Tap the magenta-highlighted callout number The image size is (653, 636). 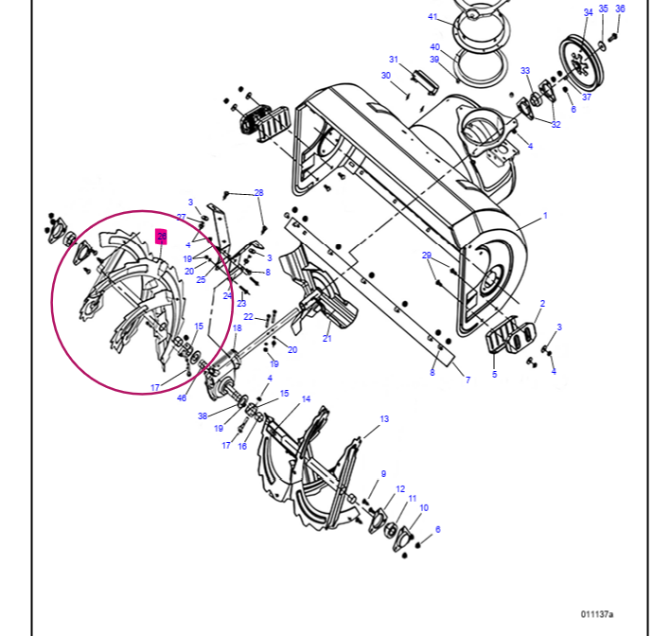(162, 237)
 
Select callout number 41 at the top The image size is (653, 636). (432, 17)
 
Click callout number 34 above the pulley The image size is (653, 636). (588, 12)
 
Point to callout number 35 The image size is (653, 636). (604, 9)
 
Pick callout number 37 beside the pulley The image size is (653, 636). (587, 97)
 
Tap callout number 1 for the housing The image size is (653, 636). (545, 216)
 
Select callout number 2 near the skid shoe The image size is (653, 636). (541, 304)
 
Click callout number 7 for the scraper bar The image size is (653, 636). (467, 380)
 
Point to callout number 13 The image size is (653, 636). (384, 418)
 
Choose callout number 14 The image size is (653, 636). (306, 399)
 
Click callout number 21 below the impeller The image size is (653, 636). (326, 338)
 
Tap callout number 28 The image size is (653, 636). (258, 193)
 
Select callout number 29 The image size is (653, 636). (427, 256)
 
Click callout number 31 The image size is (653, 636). (394, 59)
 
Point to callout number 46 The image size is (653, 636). (182, 398)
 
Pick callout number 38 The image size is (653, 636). (203, 416)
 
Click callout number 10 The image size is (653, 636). (424, 508)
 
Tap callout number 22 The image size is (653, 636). (249, 316)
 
